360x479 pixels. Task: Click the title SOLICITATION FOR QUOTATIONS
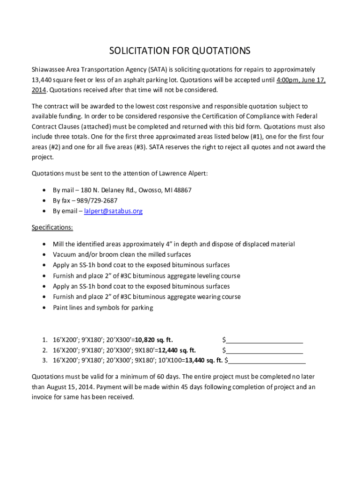point(180,51)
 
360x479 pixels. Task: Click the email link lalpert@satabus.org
point(113,211)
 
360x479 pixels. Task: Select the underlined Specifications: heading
point(52,228)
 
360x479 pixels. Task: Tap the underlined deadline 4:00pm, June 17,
point(301,80)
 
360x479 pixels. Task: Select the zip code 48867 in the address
point(182,190)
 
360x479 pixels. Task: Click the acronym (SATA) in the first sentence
point(158,69)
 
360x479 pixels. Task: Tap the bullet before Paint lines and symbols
point(44,308)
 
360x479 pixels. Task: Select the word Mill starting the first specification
point(58,244)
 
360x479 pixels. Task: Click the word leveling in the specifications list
point(206,276)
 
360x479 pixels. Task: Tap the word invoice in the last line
point(42,398)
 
